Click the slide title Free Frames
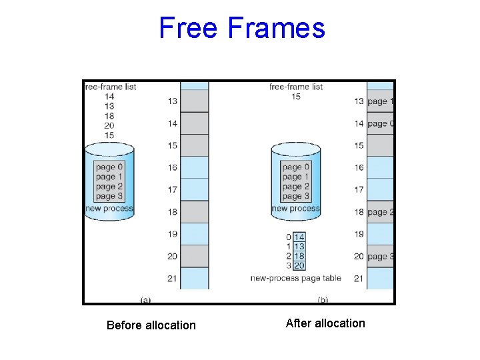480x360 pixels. click(242, 28)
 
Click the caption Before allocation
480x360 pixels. click(151, 325)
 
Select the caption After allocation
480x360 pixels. click(325, 323)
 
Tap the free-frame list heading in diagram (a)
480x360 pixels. click(110, 87)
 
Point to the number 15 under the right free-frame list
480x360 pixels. click(296, 97)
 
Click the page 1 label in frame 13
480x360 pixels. click(381, 101)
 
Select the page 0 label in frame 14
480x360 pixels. click(381, 123)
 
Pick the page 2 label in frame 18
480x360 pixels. click(381, 212)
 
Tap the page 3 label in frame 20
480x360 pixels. click(381, 257)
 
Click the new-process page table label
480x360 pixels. click(296, 278)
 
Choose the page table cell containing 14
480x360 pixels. click(299, 237)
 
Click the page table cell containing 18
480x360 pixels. click(299, 256)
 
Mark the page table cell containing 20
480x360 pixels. click(299, 265)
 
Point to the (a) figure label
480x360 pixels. click(145, 299)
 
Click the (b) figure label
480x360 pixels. click(323, 299)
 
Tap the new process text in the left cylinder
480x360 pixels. click(109, 209)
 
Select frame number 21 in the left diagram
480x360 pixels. click(173, 278)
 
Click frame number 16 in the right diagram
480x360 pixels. click(359, 168)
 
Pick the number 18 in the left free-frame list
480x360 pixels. click(109, 115)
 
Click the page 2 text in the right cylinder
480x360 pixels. click(296, 187)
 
